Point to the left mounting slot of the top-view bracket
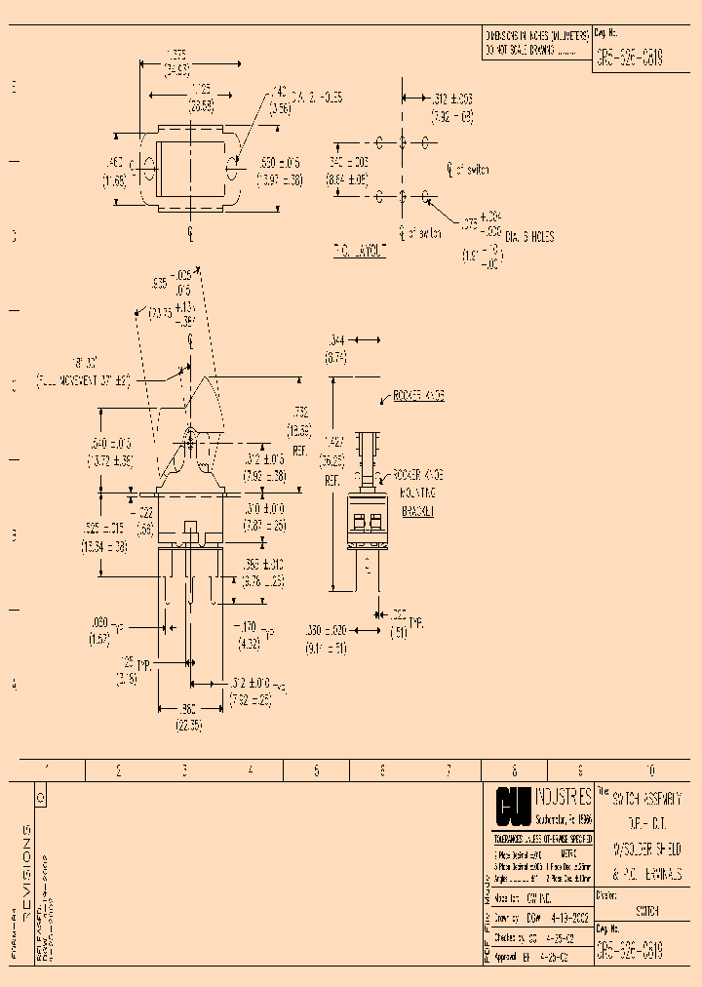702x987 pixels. (149, 165)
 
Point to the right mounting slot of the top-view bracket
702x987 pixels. (231, 165)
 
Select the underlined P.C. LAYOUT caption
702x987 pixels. (360, 251)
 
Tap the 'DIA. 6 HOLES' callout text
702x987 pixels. (529, 235)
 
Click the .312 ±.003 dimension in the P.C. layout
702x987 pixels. (452, 99)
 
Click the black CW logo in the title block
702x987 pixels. (516, 807)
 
